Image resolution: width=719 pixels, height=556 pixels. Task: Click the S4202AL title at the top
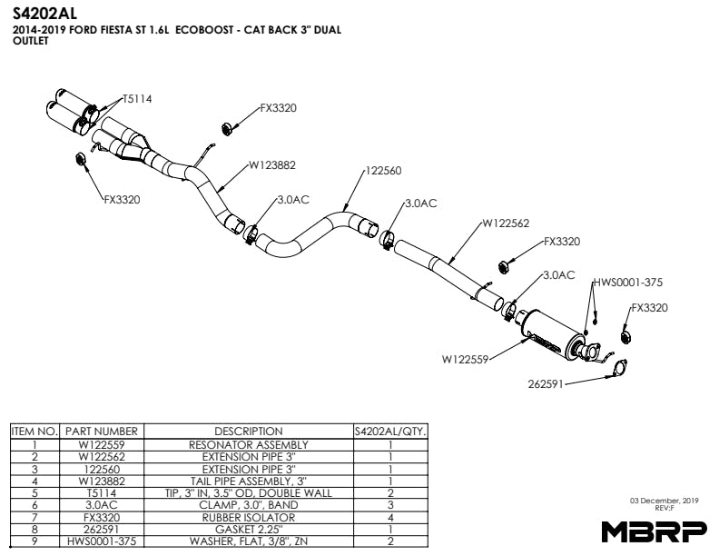(46, 13)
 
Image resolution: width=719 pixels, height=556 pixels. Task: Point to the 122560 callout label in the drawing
(383, 170)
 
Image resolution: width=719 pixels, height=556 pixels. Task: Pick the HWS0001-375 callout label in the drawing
(634, 283)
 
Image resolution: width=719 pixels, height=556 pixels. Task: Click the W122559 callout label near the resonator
(466, 359)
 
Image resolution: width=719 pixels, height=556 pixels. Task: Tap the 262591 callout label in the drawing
(546, 383)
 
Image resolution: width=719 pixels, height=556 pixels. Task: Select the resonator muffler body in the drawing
(550, 333)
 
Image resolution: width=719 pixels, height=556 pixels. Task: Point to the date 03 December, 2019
(664, 500)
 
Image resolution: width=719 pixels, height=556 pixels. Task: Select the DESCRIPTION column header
(248, 431)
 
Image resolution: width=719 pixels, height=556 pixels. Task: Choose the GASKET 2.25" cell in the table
(248, 528)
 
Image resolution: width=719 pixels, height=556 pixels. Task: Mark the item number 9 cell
(34, 541)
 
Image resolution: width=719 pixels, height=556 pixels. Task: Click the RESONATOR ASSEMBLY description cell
(248, 444)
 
